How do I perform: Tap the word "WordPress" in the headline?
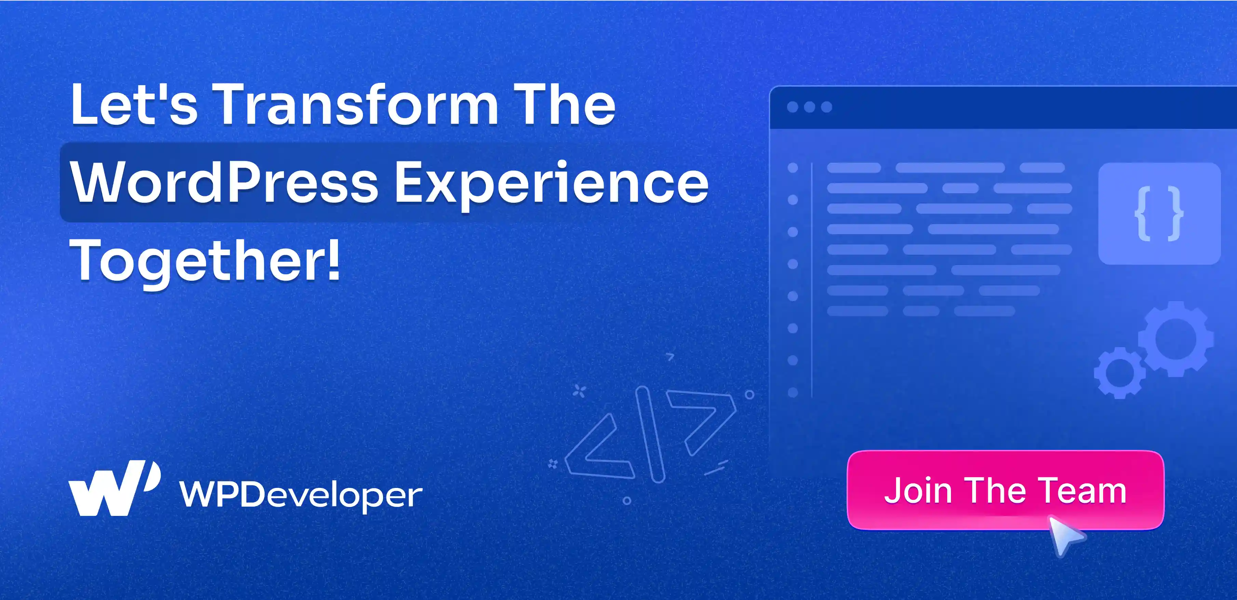click(x=224, y=183)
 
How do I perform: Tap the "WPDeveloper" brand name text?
click(x=301, y=494)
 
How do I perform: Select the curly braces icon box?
click(x=1159, y=214)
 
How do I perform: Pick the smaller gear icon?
click(x=1119, y=373)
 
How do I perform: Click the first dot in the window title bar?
click(x=792, y=107)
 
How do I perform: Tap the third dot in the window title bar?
click(x=826, y=107)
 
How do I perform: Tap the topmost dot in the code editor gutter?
click(x=793, y=168)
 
